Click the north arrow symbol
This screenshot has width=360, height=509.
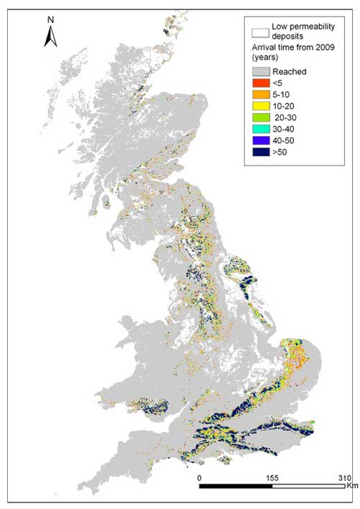point(50,36)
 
